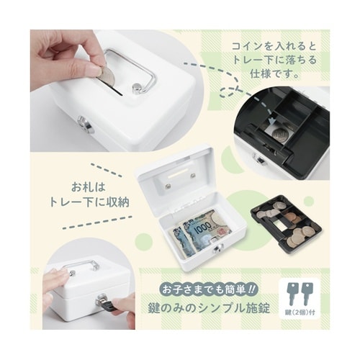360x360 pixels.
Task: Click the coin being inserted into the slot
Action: (107, 76)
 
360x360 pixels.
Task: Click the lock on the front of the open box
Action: (217, 248)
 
